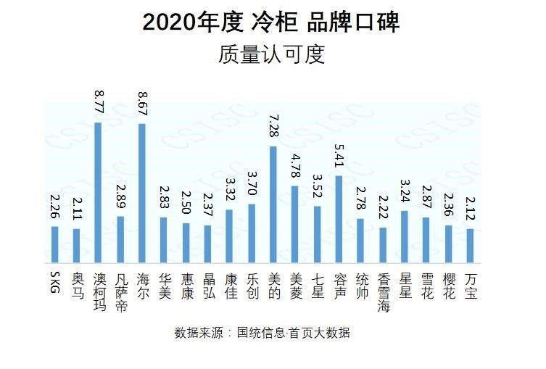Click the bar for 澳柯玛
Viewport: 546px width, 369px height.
(98, 192)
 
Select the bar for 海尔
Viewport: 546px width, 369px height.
(141, 193)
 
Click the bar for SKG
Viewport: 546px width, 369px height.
(54, 244)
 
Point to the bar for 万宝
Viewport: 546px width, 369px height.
(470, 246)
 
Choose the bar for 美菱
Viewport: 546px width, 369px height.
(294, 224)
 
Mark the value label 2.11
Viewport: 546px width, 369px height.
(76, 210)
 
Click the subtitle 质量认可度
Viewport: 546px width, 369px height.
(271, 56)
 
